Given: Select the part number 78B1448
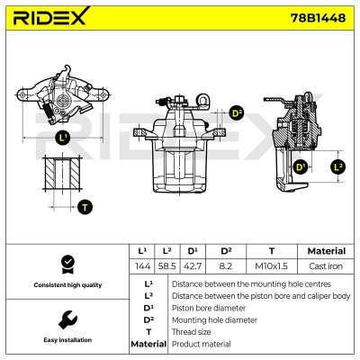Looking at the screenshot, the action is (318, 18).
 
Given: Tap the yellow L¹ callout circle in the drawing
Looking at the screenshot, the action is (63, 138).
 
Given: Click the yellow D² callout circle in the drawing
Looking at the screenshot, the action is (237, 113).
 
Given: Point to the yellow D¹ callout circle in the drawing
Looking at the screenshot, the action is (300, 166).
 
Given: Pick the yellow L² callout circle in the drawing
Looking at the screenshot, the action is (338, 166).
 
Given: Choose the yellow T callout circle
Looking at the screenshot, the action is (85, 207).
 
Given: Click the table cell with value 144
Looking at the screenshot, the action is (142, 266).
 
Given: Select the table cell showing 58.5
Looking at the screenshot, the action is (166, 266).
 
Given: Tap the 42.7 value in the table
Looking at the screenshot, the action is (193, 266).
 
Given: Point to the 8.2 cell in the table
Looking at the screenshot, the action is (226, 266).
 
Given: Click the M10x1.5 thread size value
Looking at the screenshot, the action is (272, 266).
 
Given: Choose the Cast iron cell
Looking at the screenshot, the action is (326, 266).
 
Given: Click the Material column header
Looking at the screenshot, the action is (327, 251).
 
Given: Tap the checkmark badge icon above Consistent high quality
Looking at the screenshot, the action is (67, 265).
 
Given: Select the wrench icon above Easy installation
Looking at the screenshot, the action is (67, 319).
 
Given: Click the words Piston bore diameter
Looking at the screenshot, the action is (209, 308).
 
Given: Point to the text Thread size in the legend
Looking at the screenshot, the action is (191, 332).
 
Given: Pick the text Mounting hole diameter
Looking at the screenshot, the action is (214, 320).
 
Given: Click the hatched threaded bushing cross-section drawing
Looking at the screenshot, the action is (62, 173).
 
